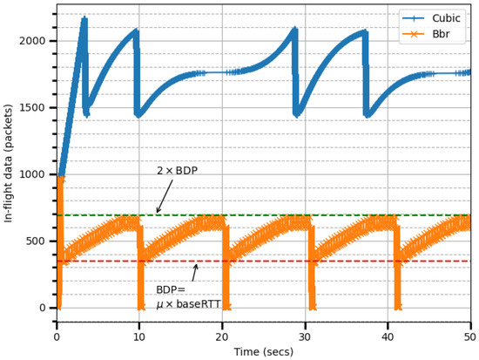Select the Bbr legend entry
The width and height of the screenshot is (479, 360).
443,33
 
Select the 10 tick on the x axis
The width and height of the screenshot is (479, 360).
139,336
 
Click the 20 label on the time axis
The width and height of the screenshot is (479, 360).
222,336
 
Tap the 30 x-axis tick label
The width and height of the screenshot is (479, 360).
305,336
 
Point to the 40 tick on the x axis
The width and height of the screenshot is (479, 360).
388,336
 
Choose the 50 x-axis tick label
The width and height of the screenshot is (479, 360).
469,336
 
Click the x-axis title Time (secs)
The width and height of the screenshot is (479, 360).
263,351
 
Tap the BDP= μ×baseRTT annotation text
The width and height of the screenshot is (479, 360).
188,297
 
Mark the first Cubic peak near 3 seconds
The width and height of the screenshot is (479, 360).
84,18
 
